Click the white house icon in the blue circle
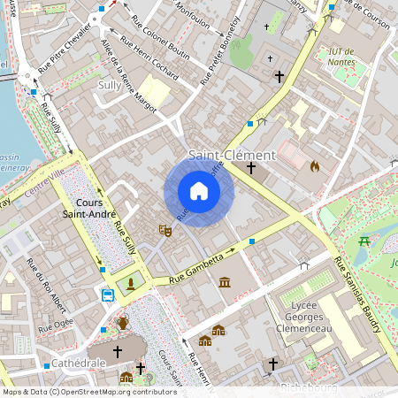point(199,191)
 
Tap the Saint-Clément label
point(239,154)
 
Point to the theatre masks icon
point(165,230)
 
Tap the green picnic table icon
point(364,241)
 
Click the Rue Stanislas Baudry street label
point(358,295)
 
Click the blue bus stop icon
point(108,295)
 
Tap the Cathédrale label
point(78,363)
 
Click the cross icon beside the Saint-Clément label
point(251,167)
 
